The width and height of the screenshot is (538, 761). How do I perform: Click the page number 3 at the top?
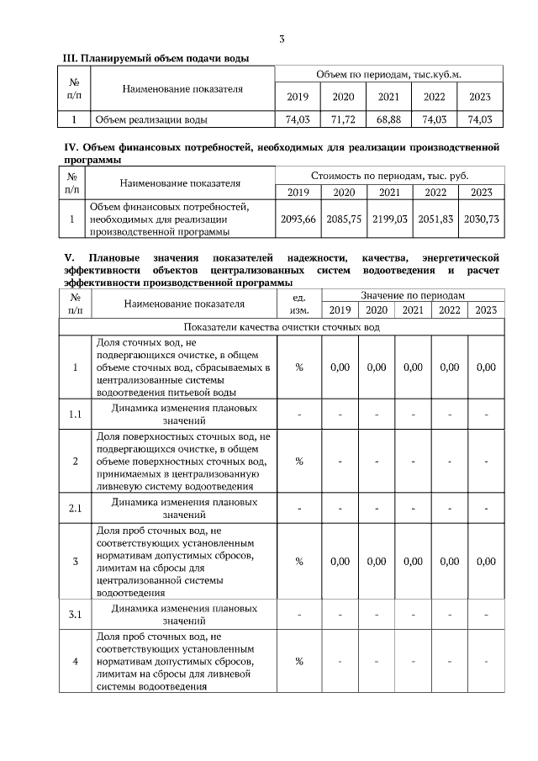point(282,39)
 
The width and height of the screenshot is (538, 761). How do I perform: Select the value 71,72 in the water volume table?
point(343,120)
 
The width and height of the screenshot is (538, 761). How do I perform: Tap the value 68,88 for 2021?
point(388,120)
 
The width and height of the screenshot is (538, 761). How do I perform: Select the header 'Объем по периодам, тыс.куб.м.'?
point(388,76)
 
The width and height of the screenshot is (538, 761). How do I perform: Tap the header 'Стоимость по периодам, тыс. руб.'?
point(389,176)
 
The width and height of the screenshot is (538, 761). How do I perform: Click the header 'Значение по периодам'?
point(412,296)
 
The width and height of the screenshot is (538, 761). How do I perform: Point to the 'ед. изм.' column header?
point(298,304)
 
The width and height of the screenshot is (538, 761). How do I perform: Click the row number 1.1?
point(75,414)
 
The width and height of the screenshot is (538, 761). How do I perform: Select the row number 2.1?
point(75,508)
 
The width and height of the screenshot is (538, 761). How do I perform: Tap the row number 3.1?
point(75,614)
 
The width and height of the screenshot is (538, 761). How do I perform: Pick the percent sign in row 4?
point(298,662)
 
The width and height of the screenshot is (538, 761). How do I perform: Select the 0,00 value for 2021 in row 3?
point(413,562)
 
